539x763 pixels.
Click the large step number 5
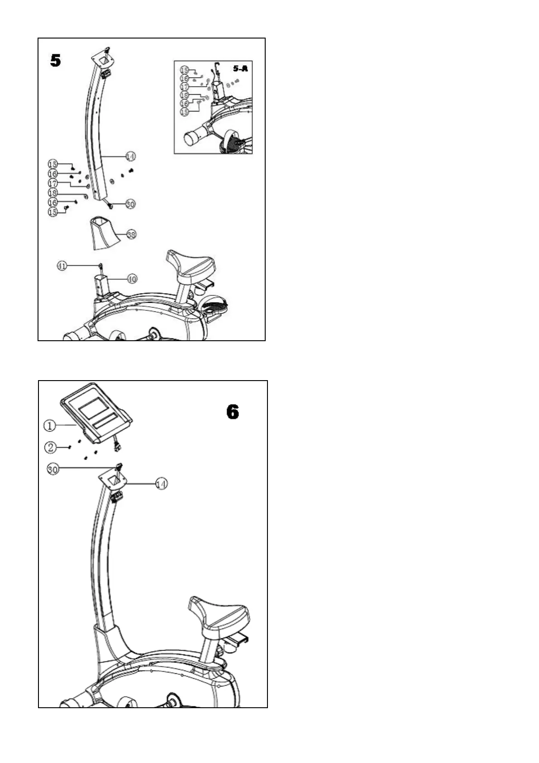[x=55, y=60]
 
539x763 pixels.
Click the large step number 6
[x=232, y=412]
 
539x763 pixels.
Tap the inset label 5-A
[x=240, y=69]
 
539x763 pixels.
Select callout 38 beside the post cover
[x=131, y=235]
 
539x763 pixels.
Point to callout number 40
[x=132, y=279]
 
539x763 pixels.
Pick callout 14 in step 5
[x=130, y=156]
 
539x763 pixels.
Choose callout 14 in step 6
[x=162, y=484]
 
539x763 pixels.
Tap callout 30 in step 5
[x=130, y=204]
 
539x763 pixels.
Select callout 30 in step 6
[x=53, y=469]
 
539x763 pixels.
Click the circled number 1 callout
[x=50, y=425]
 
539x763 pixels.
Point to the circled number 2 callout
[x=50, y=448]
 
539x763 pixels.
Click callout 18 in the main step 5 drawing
[x=53, y=193]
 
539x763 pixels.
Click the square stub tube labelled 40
[x=101, y=285]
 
